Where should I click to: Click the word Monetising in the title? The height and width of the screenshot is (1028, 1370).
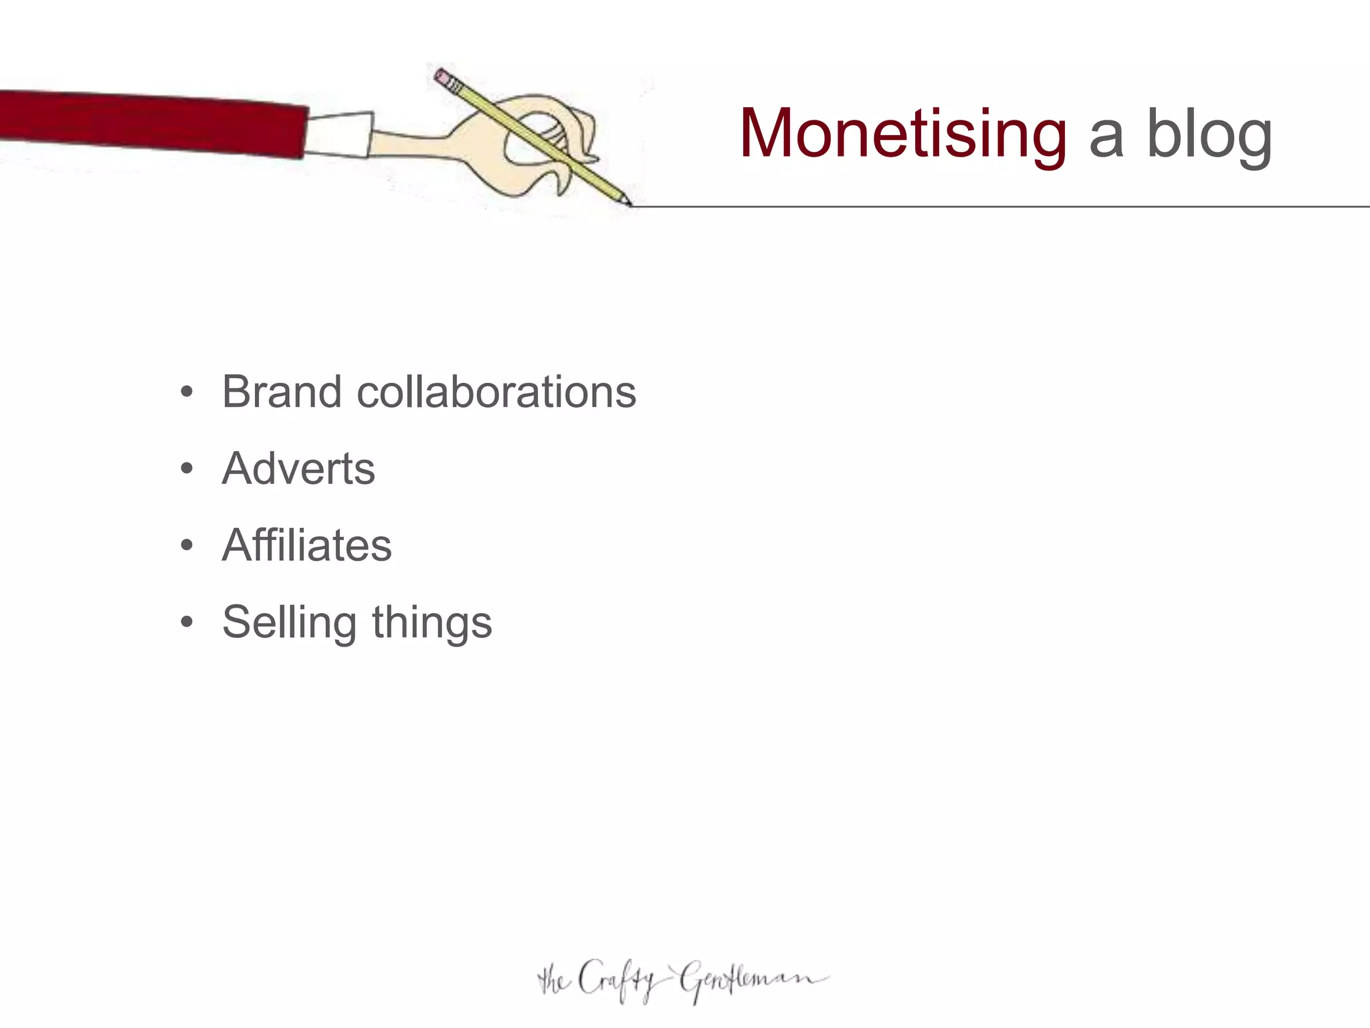903,134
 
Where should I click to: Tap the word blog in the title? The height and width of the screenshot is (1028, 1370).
1209,134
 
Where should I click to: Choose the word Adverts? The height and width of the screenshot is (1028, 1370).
298,468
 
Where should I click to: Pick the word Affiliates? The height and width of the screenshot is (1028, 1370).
306,545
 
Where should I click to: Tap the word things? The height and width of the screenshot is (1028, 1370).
432,623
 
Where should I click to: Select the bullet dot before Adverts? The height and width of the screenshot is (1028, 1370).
187,468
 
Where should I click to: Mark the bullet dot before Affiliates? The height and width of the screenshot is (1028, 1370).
187,545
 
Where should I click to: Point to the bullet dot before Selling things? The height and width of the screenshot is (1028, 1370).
187,622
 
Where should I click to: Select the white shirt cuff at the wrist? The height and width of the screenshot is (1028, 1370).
338,135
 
